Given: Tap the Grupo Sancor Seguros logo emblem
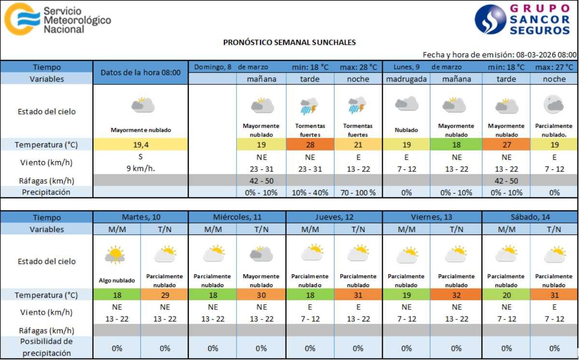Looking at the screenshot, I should (490, 20).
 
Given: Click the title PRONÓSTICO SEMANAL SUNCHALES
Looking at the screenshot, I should (289, 42).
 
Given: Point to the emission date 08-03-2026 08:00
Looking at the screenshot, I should (546, 55).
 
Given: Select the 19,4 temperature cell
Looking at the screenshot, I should (140, 144).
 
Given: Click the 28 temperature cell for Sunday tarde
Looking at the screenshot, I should (310, 144).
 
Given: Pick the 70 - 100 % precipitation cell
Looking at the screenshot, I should (358, 192).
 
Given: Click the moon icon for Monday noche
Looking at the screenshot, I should (554, 104).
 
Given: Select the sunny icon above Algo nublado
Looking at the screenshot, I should (115, 254).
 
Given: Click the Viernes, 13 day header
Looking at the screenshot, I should (432, 217).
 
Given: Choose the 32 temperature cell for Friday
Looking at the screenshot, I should (456, 295).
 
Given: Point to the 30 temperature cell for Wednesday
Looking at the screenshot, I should (261, 295).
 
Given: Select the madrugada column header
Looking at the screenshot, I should (406, 79).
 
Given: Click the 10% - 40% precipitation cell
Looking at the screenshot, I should (310, 192).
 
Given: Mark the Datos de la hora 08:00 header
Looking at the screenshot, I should (140, 72).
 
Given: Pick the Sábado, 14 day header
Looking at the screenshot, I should (530, 217).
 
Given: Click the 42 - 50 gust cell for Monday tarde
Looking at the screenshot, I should (506, 180).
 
